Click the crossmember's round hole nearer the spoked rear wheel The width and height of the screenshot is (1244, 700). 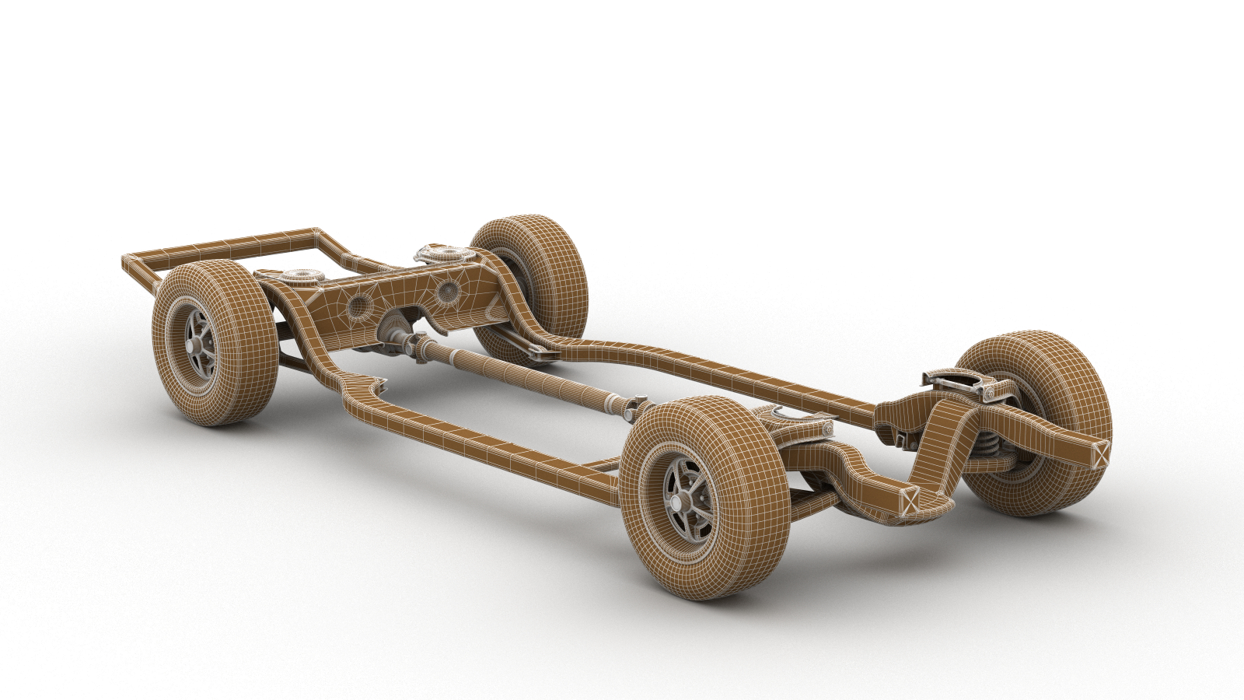358,306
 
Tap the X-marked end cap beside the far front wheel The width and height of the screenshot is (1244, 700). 1099,453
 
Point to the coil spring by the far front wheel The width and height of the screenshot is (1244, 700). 989,446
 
